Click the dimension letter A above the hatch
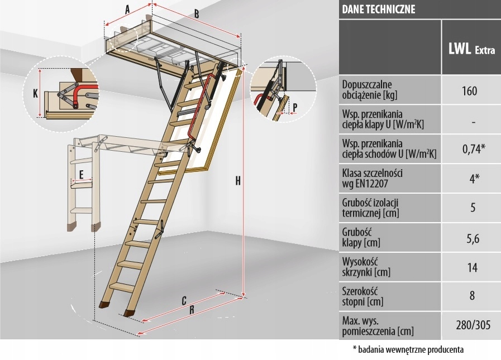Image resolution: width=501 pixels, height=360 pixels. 127,9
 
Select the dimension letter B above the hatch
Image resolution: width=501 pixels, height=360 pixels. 197,15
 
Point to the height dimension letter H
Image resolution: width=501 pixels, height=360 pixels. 238,181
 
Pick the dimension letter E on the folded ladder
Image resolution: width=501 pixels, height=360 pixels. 82,175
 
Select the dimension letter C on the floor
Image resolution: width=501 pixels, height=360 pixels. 184,300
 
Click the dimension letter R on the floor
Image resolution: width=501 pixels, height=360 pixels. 192,309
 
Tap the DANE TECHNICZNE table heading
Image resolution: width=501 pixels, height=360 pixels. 379,9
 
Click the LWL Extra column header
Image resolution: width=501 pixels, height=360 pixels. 472,49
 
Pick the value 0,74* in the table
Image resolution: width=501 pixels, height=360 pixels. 472,148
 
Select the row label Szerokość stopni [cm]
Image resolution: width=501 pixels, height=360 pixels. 364,296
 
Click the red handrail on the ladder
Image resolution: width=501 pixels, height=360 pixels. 193,117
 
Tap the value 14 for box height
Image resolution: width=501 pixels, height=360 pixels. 472,267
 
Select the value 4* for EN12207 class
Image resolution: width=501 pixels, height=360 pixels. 472,179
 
